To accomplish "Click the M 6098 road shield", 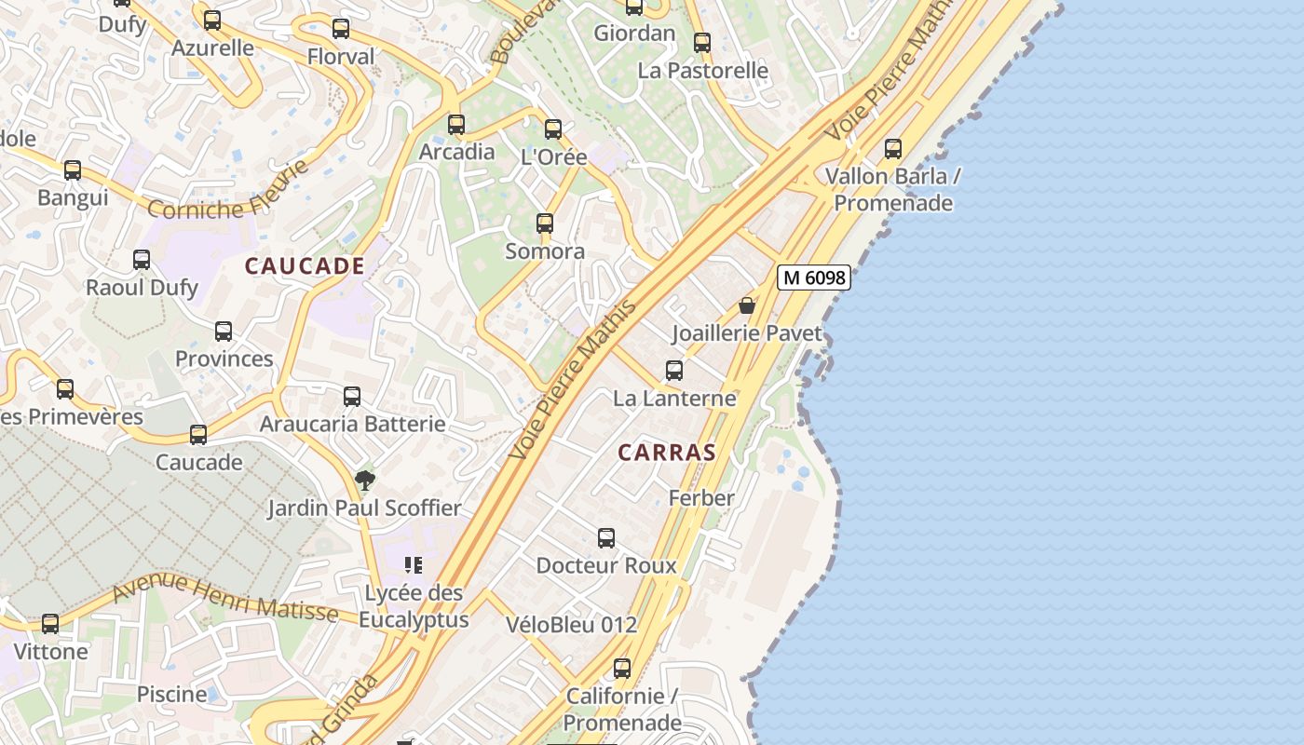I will pyautogui.click(x=814, y=278).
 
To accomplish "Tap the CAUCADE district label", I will pyautogui.click(x=305, y=266).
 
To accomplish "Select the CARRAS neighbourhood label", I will pyautogui.click(x=667, y=454).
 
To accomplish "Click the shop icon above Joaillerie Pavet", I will pyautogui.click(x=747, y=305).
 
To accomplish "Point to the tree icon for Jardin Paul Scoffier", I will pyautogui.click(x=365, y=481).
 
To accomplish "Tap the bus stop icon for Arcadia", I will pyautogui.click(x=456, y=124).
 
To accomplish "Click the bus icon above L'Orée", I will pyautogui.click(x=553, y=129).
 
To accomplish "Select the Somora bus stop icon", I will pyautogui.click(x=545, y=223).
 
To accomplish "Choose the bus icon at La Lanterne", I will pyautogui.click(x=674, y=371).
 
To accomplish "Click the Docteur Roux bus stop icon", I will pyautogui.click(x=606, y=538).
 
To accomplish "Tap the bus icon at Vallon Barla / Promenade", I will pyautogui.click(x=893, y=148).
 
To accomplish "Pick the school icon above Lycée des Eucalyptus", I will pyautogui.click(x=414, y=565).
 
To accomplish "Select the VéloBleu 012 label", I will pyautogui.click(x=572, y=625).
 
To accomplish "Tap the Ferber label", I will pyautogui.click(x=701, y=498).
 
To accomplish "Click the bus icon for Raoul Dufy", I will pyautogui.click(x=142, y=260).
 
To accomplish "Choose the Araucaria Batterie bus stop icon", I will pyautogui.click(x=352, y=397).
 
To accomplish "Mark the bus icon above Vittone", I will pyautogui.click(x=50, y=624).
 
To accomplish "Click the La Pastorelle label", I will pyautogui.click(x=703, y=71).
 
